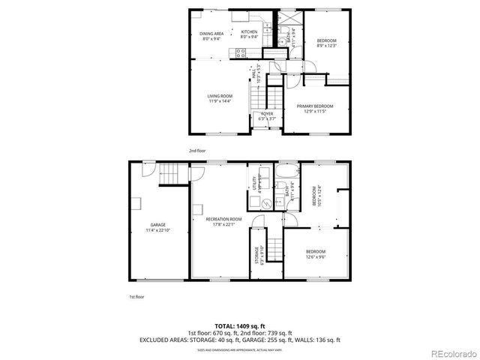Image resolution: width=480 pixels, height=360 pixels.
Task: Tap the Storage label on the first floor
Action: [x=256, y=255]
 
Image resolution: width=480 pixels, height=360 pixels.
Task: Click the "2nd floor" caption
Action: [x=196, y=151]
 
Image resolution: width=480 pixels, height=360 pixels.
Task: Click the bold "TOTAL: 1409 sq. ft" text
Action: [x=239, y=325]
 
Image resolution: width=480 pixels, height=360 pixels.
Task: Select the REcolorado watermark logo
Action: [x=451, y=352]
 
